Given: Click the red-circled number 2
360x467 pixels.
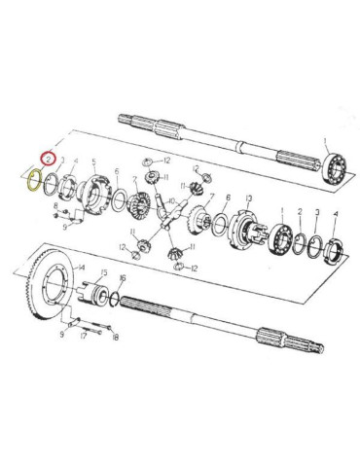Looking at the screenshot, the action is (x=45, y=156).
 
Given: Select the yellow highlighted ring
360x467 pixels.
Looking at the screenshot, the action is (x=33, y=180).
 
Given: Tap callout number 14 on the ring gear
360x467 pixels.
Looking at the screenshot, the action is (x=82, y=267).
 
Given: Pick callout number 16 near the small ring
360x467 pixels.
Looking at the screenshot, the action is (x=122, y=278).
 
